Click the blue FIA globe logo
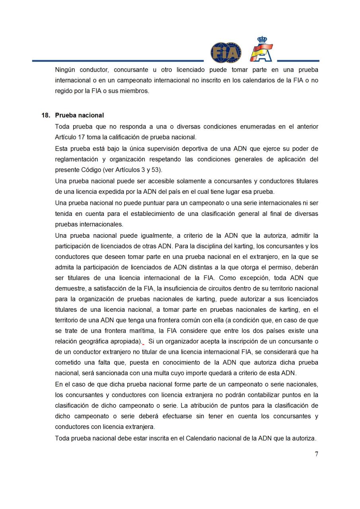click(x=226, y=52)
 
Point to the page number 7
click(x=316, y=454)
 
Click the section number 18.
click(x=46, y=115)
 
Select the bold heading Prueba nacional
click(x=79, y=115)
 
